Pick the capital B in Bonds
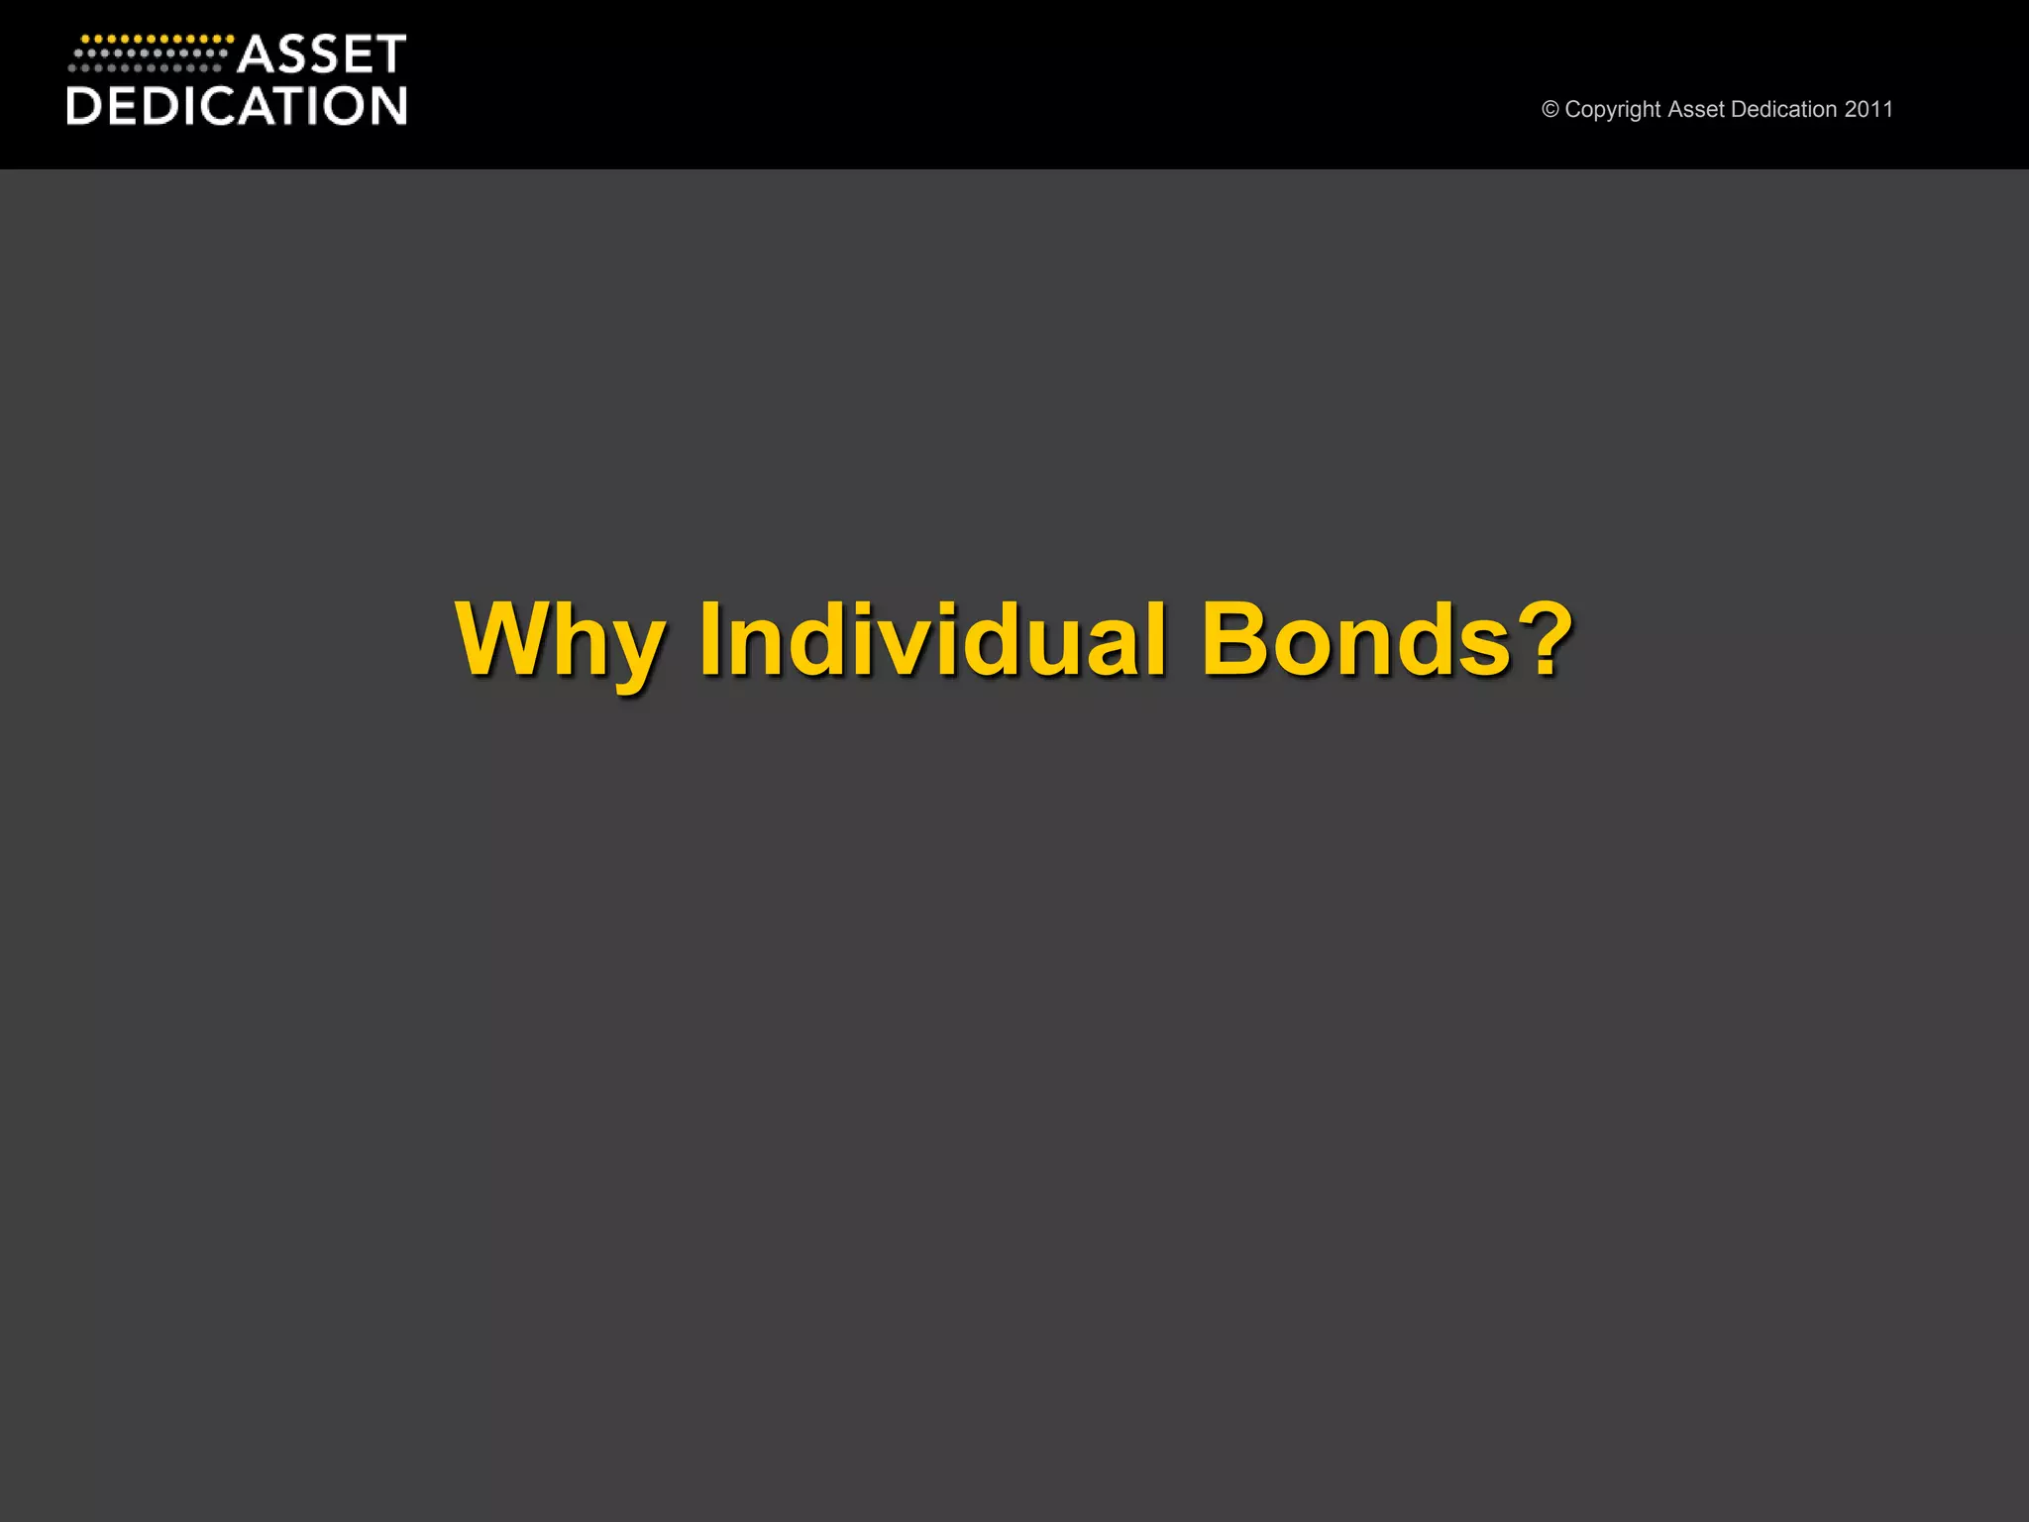[1237, 639]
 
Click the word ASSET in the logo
[321, 54]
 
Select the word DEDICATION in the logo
[236, 106]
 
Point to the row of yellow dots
[157, 40]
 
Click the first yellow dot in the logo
[84, 40]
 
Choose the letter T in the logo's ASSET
[389, 54]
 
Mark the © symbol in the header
[1550, 109]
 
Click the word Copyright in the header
[1612, 109]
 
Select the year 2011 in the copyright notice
[1869, 109]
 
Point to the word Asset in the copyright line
[1696, 109]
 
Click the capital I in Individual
[709, 639]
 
